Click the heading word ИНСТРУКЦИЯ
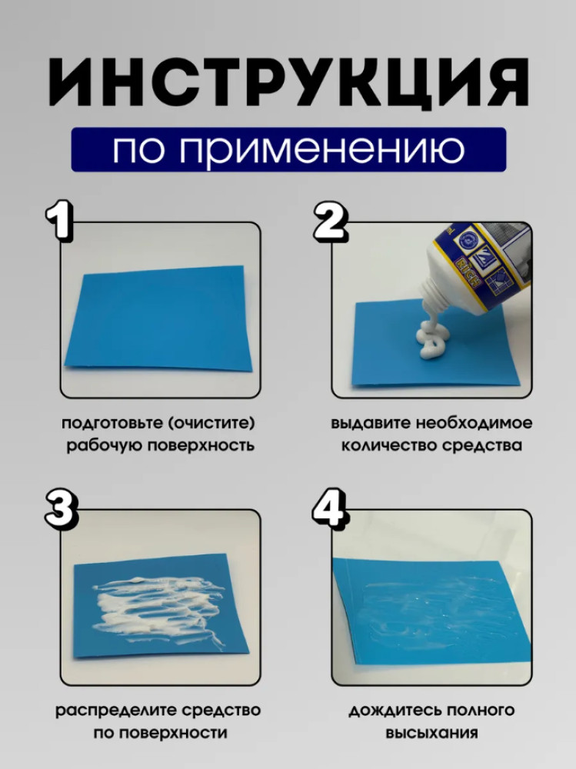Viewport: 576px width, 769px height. pyautogui.click(x=288, y=83)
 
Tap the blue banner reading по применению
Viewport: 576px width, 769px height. pyautogui.click(x=288, y=150)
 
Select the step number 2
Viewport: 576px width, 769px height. pyautogui.click(x=331, y=221)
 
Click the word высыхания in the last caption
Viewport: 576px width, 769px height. pyautogui.click(x=431, y=733)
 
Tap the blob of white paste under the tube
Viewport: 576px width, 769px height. pyautogui.click(x=432, y=341)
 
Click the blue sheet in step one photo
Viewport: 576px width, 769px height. pyautogui.click(x=158, y=320)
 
